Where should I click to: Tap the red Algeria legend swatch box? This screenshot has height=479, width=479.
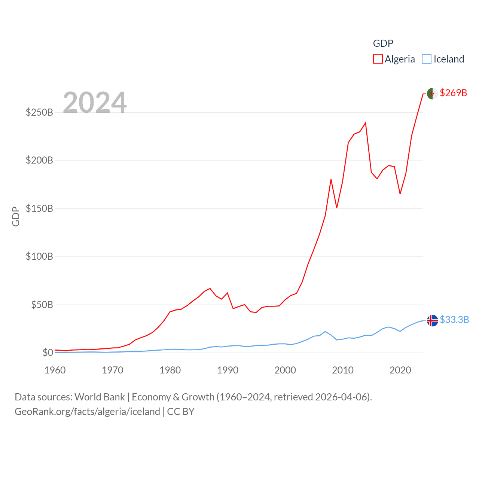pyautogui.click(x=378, y=59)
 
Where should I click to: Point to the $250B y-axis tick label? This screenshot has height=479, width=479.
pyautogui.click(x=39, y=112)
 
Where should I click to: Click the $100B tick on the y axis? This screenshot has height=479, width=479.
pyautogui.click(x=39, y=257)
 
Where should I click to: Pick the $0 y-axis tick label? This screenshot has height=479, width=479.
pyautogui.click(x=48, y=353)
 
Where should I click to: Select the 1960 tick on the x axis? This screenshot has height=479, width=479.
pyautogui.click(x=55, y=370)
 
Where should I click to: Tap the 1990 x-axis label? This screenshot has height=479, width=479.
pyautogui.click(x=228, y=370)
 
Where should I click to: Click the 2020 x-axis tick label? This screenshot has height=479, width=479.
pyautogui.click(x=400, y=370)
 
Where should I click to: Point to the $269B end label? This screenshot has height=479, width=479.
pyautogui.click(x=453, y=93)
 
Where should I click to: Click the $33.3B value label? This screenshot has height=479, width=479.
pyautogui.click(x=454, y=320)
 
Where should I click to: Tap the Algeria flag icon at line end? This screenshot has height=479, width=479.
pyautogui.click(x=432, y=94)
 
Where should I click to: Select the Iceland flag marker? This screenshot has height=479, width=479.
pyautogui.click(x=432, y=321)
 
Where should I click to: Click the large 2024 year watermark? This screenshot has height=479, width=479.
pyautogui.click(x=95, y=103)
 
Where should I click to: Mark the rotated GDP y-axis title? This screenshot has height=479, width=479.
pyautogui.click(x=16, y=216)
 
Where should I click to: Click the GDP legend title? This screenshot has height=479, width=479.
pyautogui.click(x=383, y=43)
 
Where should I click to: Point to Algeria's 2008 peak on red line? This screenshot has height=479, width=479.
pyautogui.click(x=331, y=180)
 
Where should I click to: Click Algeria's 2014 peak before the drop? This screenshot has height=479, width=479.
pyautogui.click(x=365, y=123)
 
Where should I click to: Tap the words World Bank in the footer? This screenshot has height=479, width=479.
pyautogui.click(x=100, y=397)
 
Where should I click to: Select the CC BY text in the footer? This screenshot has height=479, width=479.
pyautogui.click(x=181, y=412)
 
